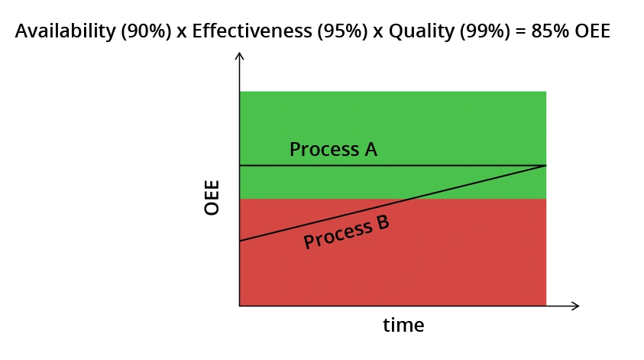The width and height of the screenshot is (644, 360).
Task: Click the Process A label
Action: pos(333,149)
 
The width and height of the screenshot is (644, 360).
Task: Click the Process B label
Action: pos(346,232)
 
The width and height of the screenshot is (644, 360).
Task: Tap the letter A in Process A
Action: pos(371,149)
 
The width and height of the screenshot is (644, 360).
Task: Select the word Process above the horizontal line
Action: pos(322,149)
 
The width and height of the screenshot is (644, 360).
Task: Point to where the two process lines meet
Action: pos(546,165)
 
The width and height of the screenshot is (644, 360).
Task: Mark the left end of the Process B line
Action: pos(241,241)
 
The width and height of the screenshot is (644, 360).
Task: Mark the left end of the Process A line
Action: pos(241,165)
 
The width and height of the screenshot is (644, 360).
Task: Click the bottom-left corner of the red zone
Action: pos(241,304)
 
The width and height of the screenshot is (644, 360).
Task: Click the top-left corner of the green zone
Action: pos(241,92)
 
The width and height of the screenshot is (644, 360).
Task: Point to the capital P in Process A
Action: pos(295,149)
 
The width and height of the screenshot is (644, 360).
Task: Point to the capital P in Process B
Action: pos(309,242)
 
